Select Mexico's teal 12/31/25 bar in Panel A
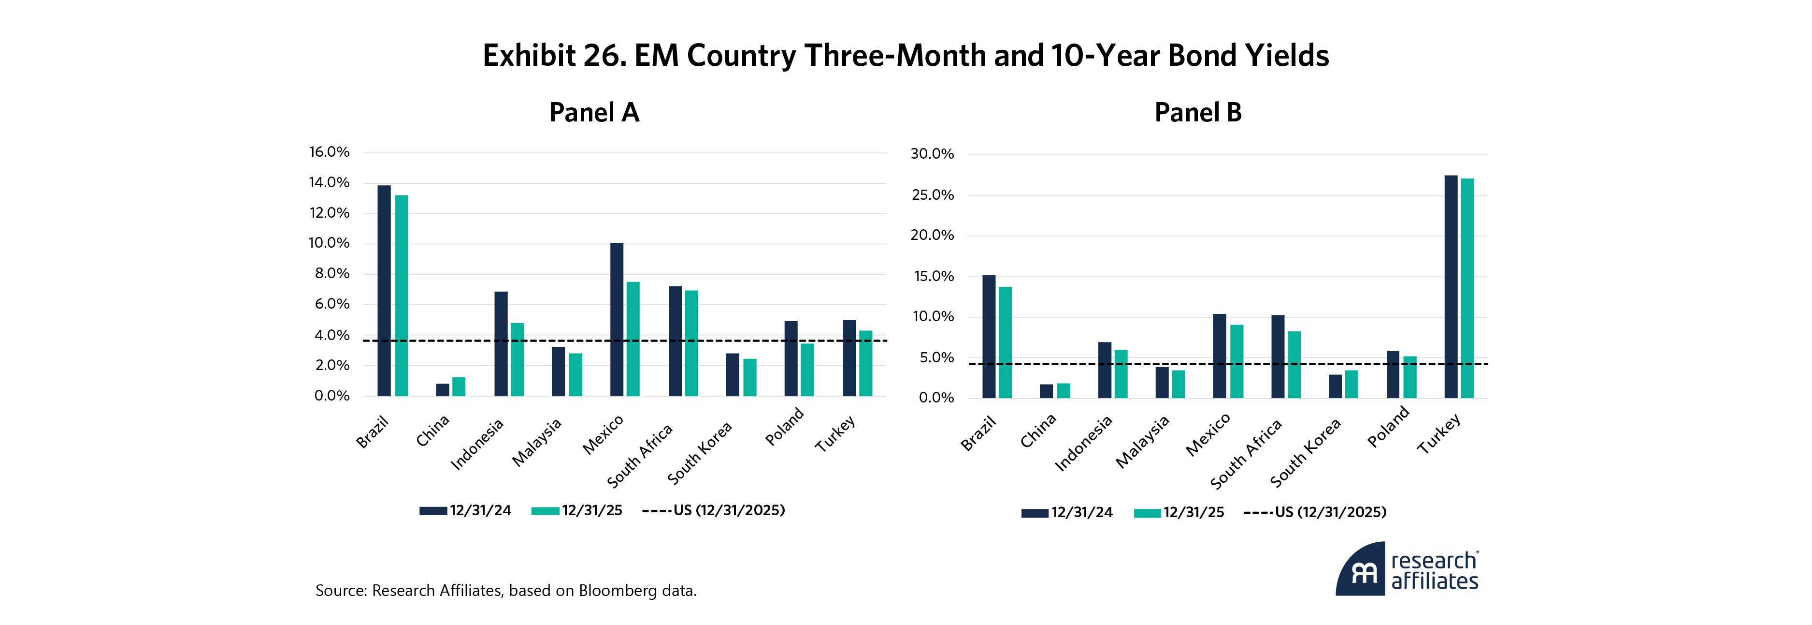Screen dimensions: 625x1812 coord(633,339)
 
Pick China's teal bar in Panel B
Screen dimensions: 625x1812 coord(1063,391)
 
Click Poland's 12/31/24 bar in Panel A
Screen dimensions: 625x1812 coord(791,358)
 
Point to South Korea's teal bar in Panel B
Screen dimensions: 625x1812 coord(1351,384)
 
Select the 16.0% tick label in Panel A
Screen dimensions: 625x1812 coord(329,152)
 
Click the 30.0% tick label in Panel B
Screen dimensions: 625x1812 coord(932,154)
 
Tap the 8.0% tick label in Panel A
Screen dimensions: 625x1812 coord(332,274)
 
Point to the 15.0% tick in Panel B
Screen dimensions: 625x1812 coord(934,277)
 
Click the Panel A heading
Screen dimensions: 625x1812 coord(594,113)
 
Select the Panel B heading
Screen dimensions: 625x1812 coord(1198,113)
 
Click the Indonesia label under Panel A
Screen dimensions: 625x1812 coord(477,444)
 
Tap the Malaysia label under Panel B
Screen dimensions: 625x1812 coord(1143,441)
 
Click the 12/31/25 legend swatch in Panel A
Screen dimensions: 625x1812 coord(545,511)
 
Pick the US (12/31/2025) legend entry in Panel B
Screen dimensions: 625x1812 coord(1315,512)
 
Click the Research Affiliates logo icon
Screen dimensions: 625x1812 coord(1362,570)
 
